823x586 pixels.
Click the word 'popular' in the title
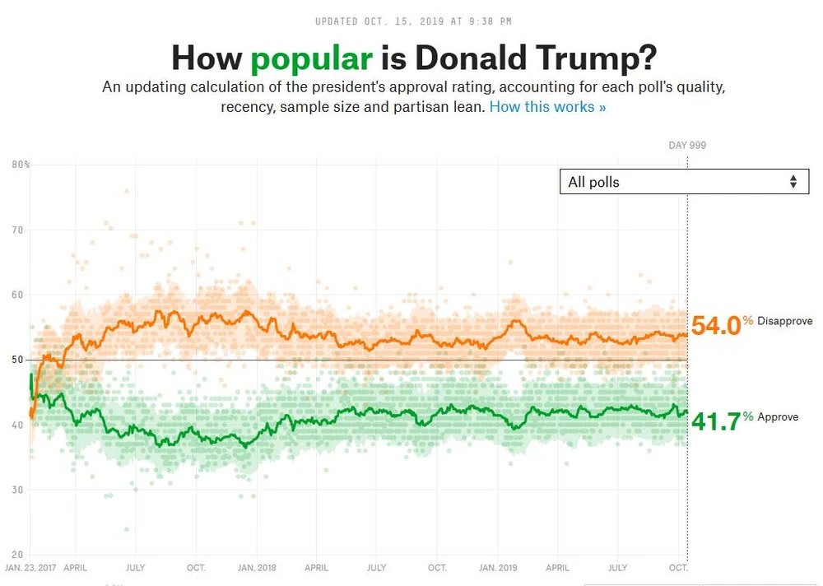(311, 58)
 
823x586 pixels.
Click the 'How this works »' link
(547, 107)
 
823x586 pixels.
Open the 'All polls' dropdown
(683, 182)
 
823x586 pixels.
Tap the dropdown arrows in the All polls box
(793, 182)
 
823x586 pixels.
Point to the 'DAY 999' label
(687, 146)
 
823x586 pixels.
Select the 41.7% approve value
(716, 421)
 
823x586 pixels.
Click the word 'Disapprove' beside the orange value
(785, 321)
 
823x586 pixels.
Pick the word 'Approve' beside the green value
(778, 417)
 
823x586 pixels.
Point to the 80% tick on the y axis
(21, 165)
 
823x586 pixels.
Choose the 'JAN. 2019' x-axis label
(498, 568)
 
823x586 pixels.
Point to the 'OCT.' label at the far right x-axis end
(677, 568)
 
